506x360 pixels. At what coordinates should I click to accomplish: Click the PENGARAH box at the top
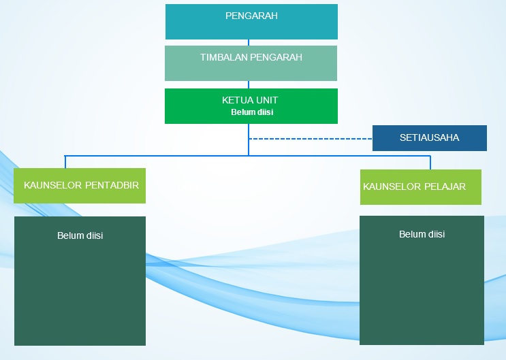pos(251,22)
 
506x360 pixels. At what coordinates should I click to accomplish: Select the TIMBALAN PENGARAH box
pos(251,63)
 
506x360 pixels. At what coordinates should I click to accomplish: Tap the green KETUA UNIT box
pos(251,106)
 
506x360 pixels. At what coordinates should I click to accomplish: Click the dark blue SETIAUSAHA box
pos(430,138)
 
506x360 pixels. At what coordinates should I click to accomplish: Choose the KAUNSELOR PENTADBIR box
pos(80,186)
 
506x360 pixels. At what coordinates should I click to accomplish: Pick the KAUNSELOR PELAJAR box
pos(420,187)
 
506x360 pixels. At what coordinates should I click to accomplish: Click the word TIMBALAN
pos(224,57)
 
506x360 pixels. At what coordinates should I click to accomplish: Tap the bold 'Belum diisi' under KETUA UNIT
pos(252,112)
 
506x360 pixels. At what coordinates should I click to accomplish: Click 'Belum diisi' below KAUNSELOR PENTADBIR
pos(80,235)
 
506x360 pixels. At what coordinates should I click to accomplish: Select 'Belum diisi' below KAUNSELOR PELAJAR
pos(422,234)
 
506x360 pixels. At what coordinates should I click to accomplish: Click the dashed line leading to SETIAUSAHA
pos(311,139)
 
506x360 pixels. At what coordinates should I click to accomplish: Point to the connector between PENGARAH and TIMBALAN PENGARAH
pos(249,43)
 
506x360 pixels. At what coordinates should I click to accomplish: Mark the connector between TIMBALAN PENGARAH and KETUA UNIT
pos(249,84)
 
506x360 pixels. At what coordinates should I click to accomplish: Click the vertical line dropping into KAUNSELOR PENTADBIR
pos(65,162)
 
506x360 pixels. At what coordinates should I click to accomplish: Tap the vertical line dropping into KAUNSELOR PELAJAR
pos(430,163)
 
